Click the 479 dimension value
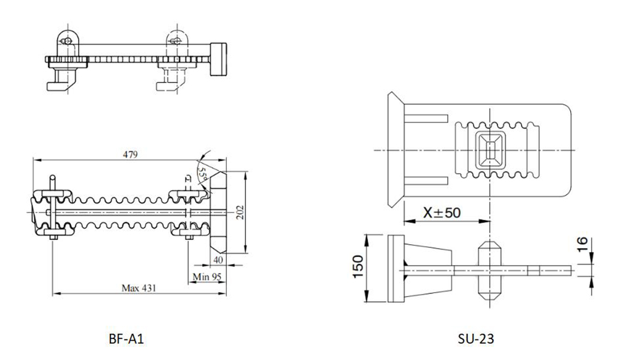(x=130, y=154)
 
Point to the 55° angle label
(x=203, y=174)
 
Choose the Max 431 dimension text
(x=139, y=288)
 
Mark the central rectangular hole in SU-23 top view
(x=490, y=149)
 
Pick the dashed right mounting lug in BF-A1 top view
(x=175, y=41)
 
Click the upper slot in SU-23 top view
(x=427, y=118)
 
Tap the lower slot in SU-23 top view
(x=427, y=181)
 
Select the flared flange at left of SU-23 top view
(x=395, y=149)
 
